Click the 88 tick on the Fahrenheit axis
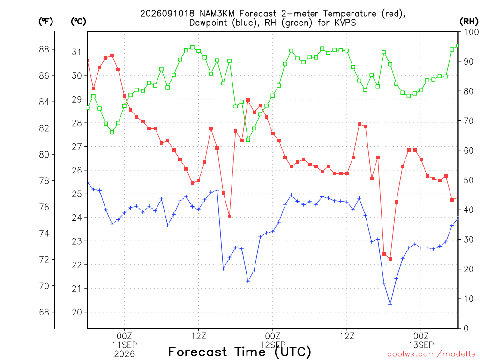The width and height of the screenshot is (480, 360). [x=44, y=49]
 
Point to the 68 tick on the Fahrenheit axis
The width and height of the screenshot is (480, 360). [x=44, y=312]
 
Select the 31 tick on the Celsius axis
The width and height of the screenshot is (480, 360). [x=77, y=52]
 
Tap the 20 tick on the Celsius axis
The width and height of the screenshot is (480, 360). [x=77, y=312]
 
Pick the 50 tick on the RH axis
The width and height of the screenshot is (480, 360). [x=468, y=180]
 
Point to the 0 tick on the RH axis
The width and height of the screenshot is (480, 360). [x=466, y=329]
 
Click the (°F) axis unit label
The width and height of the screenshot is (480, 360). [x=45, y=22]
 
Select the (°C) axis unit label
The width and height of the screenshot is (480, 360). [x=78, y=22]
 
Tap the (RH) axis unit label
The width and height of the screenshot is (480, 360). [x=469, y=22]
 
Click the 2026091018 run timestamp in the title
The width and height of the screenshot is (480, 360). [x=167, y=14]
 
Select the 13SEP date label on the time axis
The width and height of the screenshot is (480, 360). [x=421, y=345]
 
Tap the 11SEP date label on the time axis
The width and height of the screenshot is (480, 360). [x=124, y=345]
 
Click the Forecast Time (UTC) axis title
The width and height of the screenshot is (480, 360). [x=240, y=352]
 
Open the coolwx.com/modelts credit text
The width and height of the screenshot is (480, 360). [x=431, y=354]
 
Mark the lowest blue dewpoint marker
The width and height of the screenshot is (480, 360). [x=390, y=305]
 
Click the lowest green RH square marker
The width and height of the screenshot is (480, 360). [x=248, y=140]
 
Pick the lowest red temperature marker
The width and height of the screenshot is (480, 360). [x=390, y=259]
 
